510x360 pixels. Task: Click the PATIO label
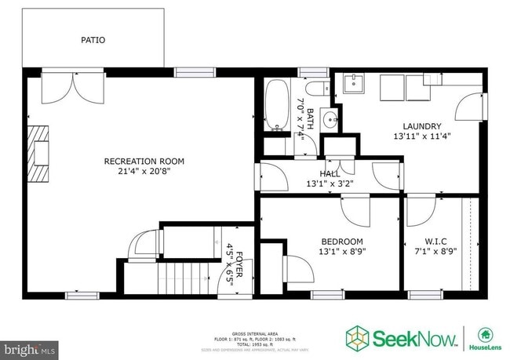coord(93,40)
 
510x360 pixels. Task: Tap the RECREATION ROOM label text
coord(137,162)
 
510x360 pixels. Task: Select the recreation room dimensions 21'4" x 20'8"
coord(137,170)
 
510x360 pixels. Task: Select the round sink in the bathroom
coord(330,121)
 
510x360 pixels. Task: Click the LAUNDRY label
coord(421,126)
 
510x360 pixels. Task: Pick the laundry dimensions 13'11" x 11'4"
coord(421,136)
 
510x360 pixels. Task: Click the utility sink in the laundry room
coord(353,83)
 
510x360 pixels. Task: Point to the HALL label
coord(330,174)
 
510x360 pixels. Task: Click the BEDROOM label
coord(342,242)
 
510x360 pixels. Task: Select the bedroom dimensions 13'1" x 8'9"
coord(342,252)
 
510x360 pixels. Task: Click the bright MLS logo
coord(30,346)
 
